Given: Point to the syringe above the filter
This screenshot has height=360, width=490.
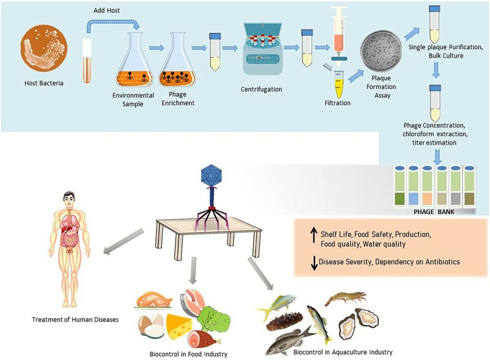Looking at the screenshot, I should click(339, 34).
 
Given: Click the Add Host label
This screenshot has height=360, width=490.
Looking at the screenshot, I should click(107, 11).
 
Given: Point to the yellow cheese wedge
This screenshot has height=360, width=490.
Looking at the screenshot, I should click(179, 326).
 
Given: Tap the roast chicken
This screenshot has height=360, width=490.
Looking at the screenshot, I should click(154, 300).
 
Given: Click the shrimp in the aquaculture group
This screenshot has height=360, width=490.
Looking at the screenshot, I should click(345, 297).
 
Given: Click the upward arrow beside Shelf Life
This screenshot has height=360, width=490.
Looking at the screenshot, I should click(314, 236).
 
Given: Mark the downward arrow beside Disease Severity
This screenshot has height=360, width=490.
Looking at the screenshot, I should click(314, 263).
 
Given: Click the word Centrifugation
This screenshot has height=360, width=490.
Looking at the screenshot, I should click(262, 89).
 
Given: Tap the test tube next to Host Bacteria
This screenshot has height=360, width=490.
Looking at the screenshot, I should click(87, 61).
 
